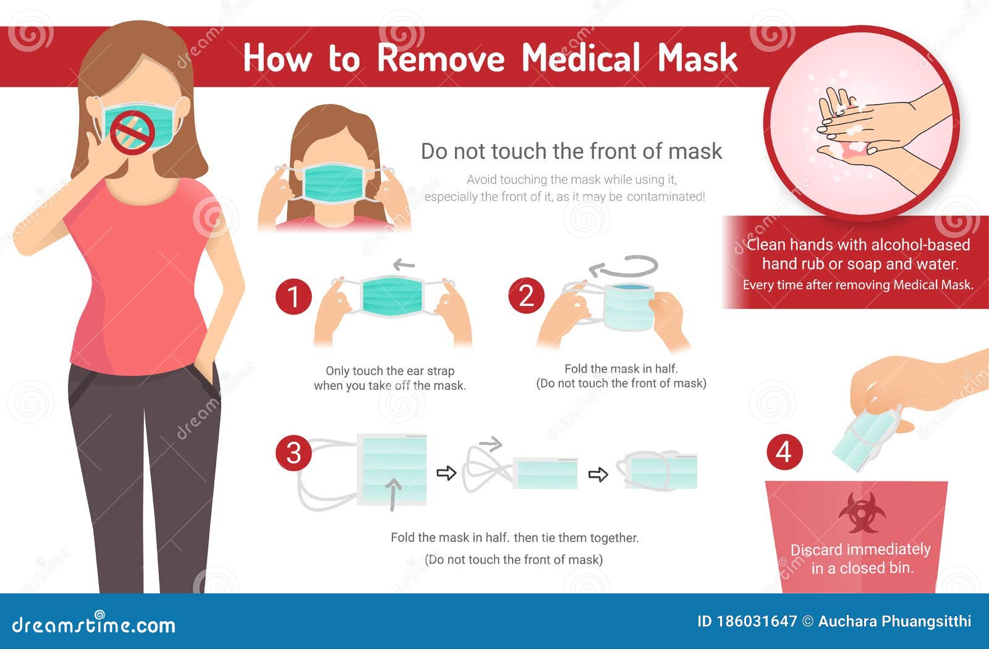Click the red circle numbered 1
click(293, 296)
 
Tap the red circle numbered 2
click(526, 295)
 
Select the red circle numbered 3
click(293, 452)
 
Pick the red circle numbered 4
click(784, 452)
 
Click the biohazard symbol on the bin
click(862, 512)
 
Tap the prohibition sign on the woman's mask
click(132, 132)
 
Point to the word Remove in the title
click(441, 58)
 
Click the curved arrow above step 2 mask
click(624, 267)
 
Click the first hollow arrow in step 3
click(446, 473)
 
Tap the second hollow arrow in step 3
click(598, 475)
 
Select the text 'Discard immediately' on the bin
click(860, 549)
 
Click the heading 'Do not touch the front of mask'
click(571, 151)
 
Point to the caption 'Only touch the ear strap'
click(390, 371)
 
